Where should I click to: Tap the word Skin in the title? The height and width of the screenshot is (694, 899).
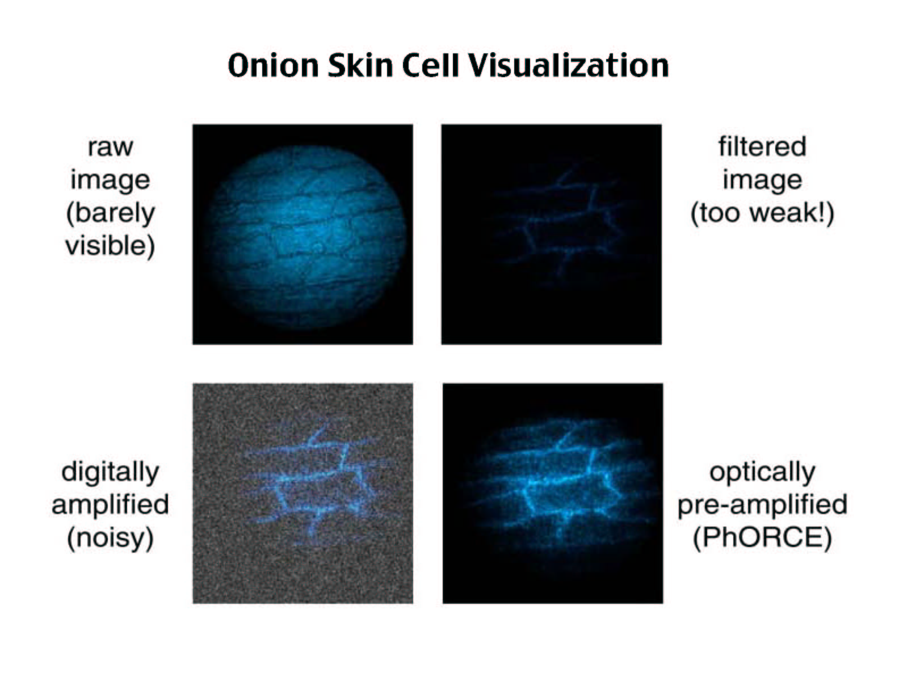click(360, 66)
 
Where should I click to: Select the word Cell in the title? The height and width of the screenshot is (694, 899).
click(430, 66)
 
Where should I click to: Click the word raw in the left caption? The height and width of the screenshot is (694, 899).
click(111, 147)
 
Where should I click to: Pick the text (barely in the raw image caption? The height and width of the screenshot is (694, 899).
click(110, 214)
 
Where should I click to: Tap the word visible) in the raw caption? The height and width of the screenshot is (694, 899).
click(110, 246)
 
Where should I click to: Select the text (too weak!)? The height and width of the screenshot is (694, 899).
click(762, 213)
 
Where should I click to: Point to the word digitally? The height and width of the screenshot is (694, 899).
click(110, 472)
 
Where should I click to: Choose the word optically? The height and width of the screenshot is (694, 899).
click(762, 472)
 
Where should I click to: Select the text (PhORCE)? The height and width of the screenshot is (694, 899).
click(762, 537)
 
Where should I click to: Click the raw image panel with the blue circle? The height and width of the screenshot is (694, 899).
click(303, 234)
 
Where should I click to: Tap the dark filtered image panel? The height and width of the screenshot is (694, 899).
click(552, 234)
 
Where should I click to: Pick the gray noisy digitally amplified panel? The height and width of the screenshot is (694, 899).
click(303, 494)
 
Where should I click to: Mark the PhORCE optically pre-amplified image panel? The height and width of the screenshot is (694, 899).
click(553, 494)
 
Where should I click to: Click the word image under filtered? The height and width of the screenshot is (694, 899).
click(762, 181)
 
